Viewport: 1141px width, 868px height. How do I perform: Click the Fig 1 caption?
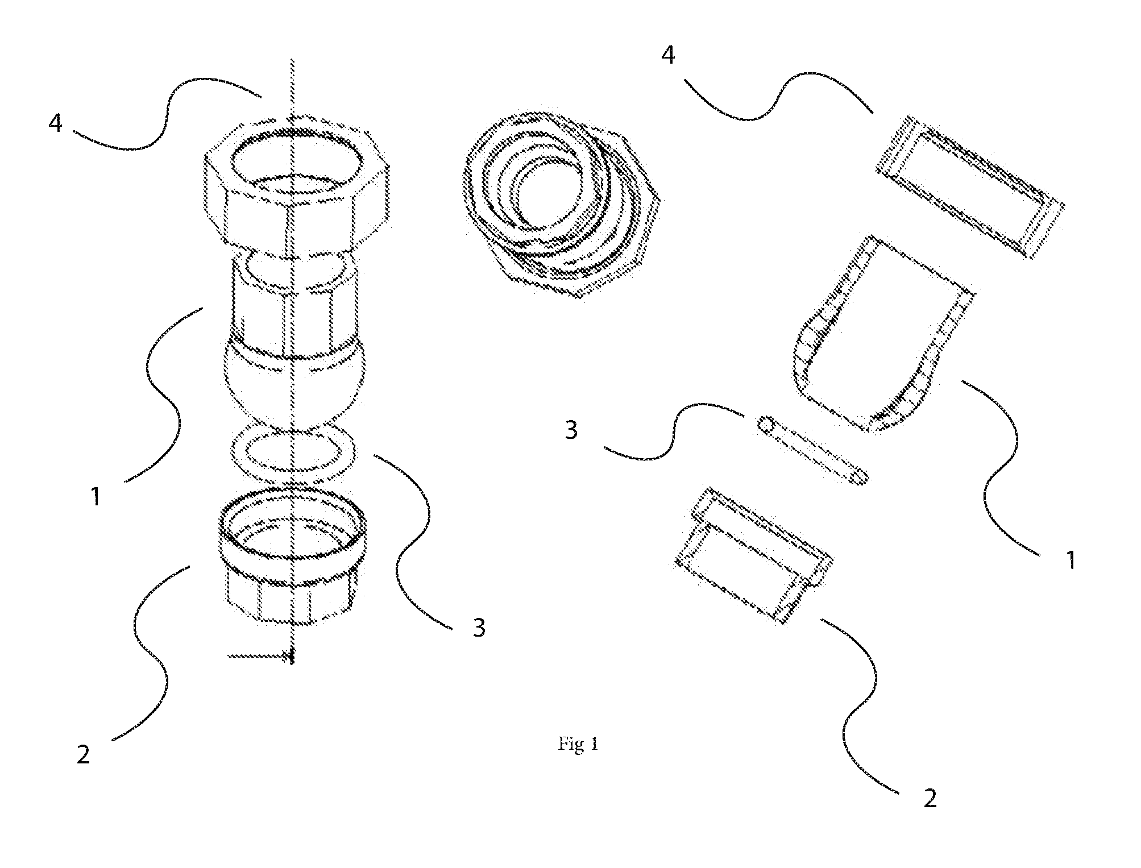(578, 744)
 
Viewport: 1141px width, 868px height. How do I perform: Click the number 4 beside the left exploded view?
(55, 123)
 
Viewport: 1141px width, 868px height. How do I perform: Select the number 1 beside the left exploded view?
(96, 497)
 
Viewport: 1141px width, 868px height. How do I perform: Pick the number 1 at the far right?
(1071, 560)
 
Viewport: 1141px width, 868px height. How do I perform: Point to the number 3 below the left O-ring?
(479, 628)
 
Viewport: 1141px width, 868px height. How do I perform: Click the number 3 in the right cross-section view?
(571, 430)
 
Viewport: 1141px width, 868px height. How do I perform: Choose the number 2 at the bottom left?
(84, 754)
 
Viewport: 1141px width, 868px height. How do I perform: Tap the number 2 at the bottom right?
(930, 799)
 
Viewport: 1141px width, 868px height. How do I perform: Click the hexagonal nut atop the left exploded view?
(297, 185)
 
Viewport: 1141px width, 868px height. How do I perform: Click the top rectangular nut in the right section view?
(969, 186)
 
